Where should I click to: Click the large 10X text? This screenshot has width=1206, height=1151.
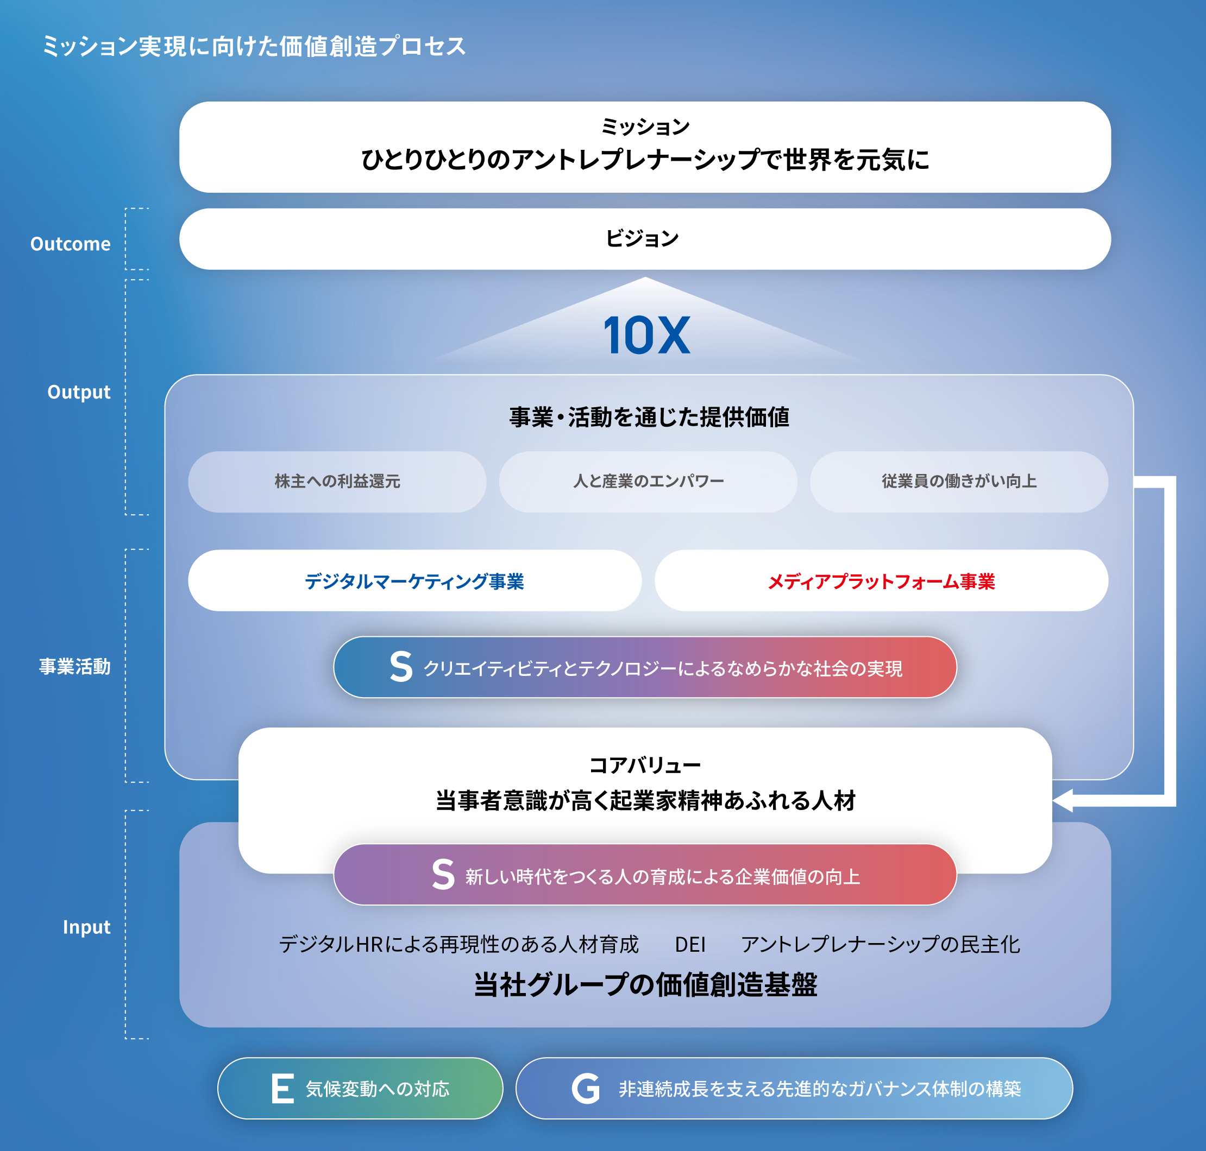(647, 335)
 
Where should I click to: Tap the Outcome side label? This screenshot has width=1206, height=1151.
(71, 244)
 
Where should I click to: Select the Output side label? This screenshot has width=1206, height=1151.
(79, 392)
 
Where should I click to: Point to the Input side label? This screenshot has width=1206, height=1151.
(86, 927)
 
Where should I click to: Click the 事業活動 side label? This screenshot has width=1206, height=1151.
(75, 666)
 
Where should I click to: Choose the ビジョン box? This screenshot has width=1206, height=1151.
(645, 239)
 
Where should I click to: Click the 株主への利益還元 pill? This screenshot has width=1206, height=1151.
(337, 482)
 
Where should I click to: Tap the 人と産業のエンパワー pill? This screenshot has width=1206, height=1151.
(648, 482)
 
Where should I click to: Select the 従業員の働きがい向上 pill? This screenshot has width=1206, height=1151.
(959, 482)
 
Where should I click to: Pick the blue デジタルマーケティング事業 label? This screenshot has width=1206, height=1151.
(415, 581)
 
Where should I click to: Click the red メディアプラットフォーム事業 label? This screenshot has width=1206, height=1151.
(881, 581)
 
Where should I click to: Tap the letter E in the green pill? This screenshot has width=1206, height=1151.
(283, 1089)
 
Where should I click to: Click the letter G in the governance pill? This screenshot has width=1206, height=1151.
(586, 1089)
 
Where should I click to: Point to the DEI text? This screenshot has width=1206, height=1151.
(690, 944)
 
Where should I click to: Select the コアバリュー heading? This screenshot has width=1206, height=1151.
(645, 765)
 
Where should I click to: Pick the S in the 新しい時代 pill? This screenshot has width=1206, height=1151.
(443, 874)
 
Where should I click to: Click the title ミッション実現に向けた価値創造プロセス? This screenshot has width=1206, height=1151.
(254, 46)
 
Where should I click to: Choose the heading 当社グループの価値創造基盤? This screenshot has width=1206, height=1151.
(645, 985)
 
